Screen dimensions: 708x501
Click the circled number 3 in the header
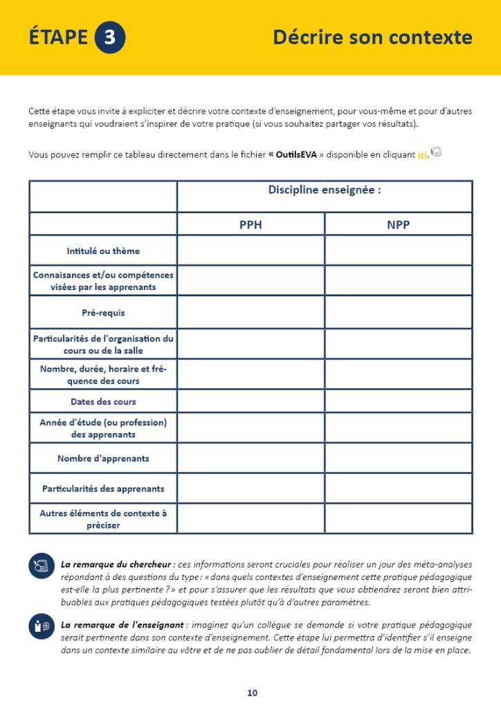[109, 37]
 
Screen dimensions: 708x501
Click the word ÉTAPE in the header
[58, 37]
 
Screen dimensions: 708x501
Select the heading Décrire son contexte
[372, 37]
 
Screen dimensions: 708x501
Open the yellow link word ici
[421, 155]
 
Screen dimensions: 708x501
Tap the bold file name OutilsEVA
[295, 155]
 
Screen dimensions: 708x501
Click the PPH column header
[250, 225]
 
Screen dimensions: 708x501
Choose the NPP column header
[399, 225]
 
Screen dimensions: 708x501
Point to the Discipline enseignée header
[325, 190]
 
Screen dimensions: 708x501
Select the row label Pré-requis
[103, 313]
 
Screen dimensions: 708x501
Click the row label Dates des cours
[103, 401]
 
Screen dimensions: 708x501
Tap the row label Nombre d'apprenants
[103, 458]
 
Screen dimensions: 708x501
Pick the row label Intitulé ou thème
[103, 251]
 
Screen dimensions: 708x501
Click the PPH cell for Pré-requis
[250, 313]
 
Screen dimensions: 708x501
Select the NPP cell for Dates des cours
[399, 401]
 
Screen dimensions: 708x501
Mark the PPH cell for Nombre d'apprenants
[250, 458]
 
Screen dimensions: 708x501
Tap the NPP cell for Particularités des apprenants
[399, 489]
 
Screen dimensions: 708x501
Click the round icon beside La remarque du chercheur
[41, 566]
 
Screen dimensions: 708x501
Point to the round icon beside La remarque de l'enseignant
[41, 626]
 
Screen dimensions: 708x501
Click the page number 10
[252, 693]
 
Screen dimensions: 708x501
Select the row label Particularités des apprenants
[103, 489]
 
